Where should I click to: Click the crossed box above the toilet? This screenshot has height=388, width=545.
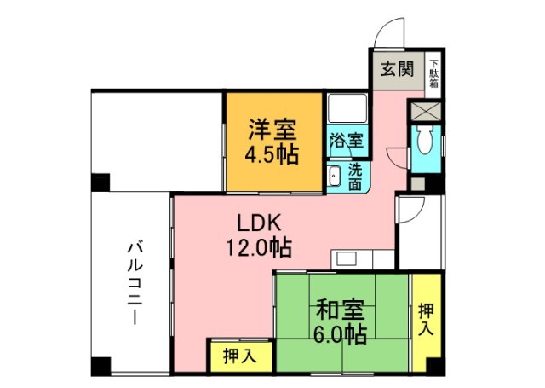(425, 111)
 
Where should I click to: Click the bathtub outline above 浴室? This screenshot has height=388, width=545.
(347, 111)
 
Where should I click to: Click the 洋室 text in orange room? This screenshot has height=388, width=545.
(272, 130)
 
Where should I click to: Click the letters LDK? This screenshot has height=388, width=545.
(254, 224)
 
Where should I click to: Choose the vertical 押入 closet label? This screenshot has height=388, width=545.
(426, 319)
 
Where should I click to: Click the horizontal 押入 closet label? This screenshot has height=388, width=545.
(239, 356)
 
